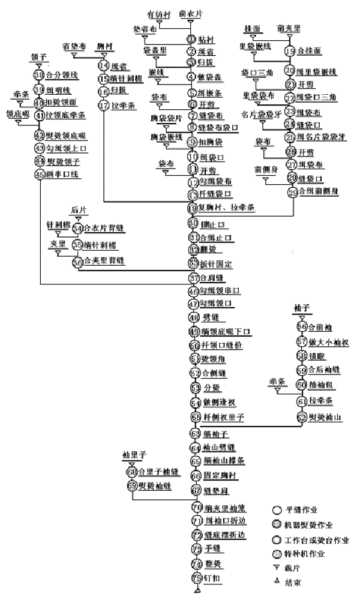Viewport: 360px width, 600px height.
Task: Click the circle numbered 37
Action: [x=193, y=278]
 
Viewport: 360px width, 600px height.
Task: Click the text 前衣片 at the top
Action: [x=191, y=13]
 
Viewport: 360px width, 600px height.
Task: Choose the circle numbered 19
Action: [x=290, y=51]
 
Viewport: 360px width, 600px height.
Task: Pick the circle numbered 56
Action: [x=302, y=327]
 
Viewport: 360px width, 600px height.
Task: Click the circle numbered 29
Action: [x=293, y=192]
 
